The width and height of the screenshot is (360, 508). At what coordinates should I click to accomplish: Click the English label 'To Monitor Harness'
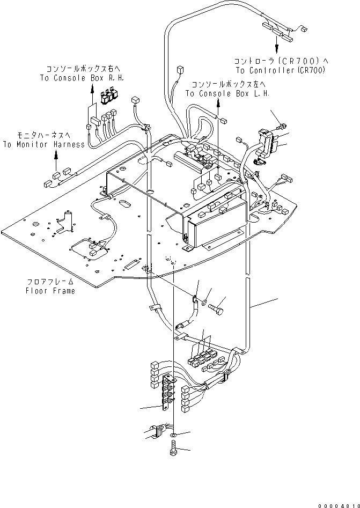(x=43, y=144)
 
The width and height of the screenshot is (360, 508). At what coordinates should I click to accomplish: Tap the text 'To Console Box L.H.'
(x=227, y=93)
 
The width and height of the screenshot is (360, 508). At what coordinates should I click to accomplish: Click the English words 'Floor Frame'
(x=50, y=291)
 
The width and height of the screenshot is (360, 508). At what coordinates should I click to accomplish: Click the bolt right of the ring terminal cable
(x=218, y=309)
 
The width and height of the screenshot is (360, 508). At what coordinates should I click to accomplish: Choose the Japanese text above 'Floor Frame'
(x=50, y=282)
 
